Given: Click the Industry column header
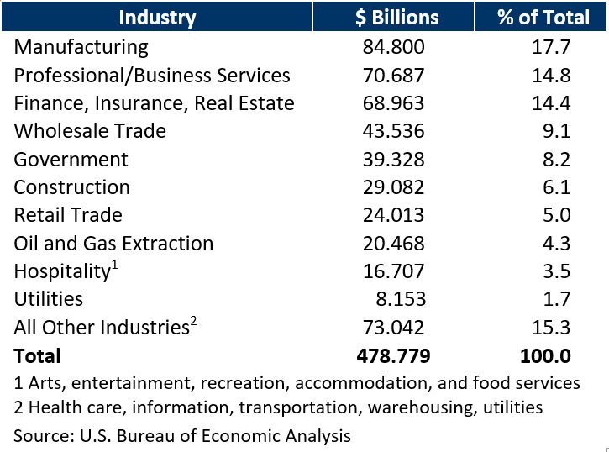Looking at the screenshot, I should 157,17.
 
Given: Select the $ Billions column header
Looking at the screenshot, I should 393,17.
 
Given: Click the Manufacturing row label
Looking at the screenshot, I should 81,47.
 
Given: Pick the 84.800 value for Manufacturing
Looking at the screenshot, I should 393,47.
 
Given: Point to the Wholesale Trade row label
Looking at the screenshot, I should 90,131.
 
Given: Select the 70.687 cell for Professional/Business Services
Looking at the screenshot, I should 393,76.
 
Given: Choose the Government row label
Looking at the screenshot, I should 71,160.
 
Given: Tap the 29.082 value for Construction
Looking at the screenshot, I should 393,187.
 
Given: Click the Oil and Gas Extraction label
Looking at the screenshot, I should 113,244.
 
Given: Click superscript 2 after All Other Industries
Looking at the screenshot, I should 193,321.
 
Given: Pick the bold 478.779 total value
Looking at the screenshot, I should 393,355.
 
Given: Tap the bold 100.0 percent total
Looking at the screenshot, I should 545,355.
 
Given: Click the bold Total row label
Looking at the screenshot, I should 37,355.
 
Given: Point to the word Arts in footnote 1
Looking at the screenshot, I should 44,383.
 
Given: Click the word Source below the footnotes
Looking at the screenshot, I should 40,435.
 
